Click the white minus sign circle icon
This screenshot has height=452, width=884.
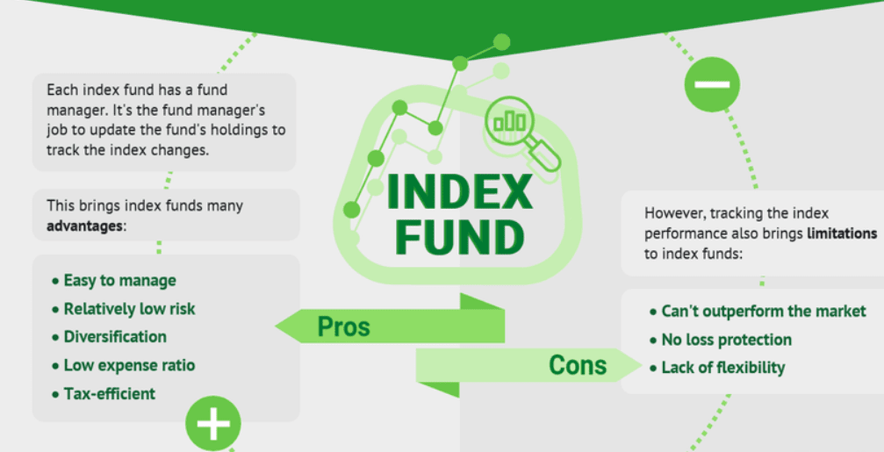tap(712, 84)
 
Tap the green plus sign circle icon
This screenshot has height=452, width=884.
tap(212, 424)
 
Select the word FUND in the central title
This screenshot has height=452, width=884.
tap(459, 237)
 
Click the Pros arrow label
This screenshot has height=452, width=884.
tap(344, 327)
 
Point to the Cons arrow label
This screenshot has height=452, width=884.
tap(578, 364)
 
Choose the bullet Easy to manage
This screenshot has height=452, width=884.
tap(119, 281)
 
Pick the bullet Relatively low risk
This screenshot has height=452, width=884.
tap(129, 309)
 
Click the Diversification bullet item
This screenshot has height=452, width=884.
tap(115, 337)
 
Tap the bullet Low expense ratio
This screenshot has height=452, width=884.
tap(129, 365)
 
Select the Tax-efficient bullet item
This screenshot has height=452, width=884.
tap(109, 393)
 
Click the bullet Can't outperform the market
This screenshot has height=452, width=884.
tap(763, 312)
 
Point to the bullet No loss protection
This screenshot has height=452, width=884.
tap(726, 340)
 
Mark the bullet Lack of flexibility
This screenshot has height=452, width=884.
tap(722, 368)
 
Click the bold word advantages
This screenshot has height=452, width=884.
tap(84, 226)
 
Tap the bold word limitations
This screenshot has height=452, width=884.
tap(842, 234)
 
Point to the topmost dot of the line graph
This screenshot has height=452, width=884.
tap(501, 41)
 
